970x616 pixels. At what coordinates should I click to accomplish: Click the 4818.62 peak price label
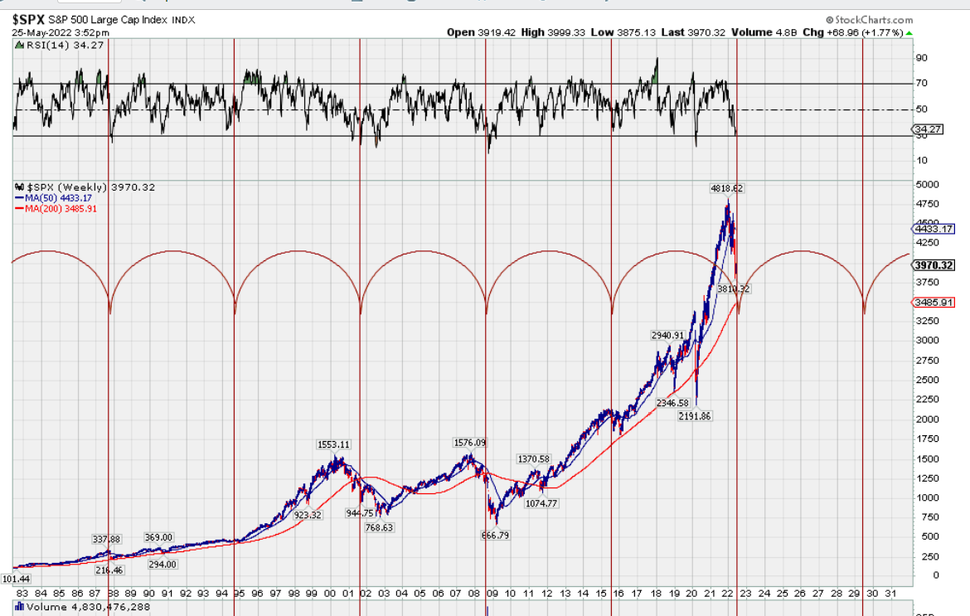click(x=726, y=188)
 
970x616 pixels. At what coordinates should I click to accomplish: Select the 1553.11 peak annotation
click(x=333, y=444)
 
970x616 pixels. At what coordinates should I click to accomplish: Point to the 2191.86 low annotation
click(x=695, y=415)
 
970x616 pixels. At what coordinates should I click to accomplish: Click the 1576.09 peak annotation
click(x=469, y=443)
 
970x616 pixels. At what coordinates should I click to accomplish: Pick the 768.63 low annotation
click(x=379, y=527)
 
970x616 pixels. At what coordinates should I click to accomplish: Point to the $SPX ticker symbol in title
click(x=29, y=18)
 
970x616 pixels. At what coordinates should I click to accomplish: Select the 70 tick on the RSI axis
click(x=920, y=83)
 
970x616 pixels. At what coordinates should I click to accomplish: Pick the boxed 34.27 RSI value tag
click(x=926, y=129)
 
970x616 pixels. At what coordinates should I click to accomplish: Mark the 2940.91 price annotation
click(x=668, y=336)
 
